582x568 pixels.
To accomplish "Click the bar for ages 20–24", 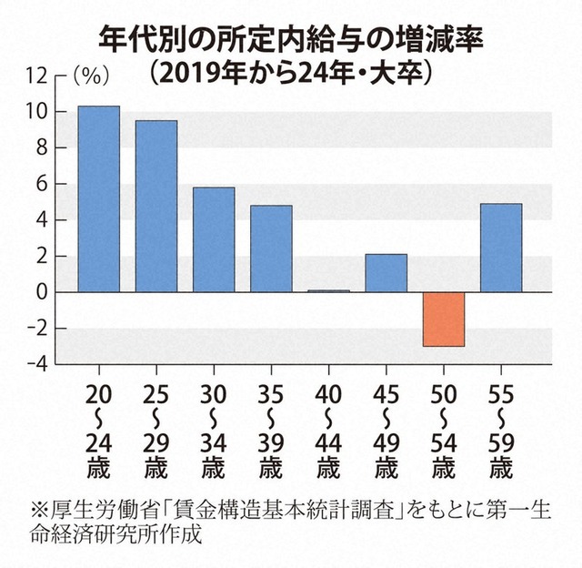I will (98, 199).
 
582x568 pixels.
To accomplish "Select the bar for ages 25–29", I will (156, 207).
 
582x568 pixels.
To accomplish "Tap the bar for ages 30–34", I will (214, 240).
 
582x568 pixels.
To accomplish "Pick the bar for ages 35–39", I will (271, 248).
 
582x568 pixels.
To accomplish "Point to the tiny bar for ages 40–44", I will (328, 291).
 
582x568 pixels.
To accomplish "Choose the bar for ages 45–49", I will (386, 273).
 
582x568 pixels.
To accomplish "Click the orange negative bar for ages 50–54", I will (443, 319).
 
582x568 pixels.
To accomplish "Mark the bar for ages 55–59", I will (501, 248).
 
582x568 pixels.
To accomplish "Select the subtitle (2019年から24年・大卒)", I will (290, 73).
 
